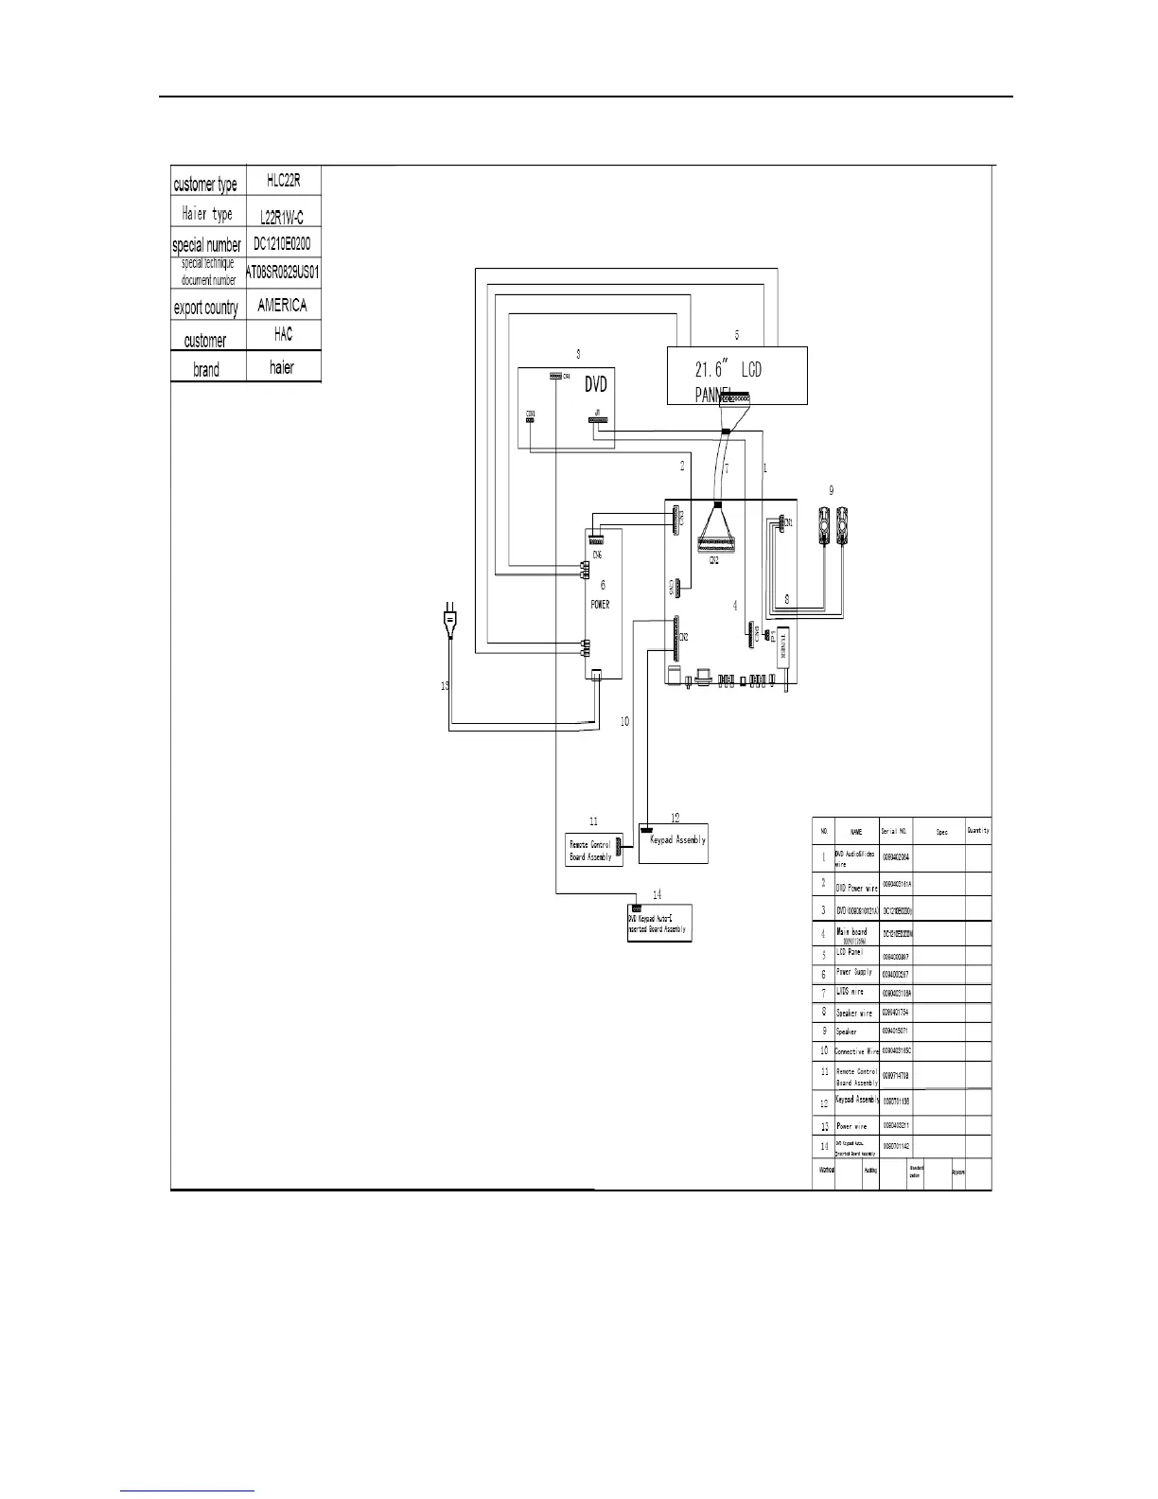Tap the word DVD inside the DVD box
click(x=595, y=384)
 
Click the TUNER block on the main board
click(x=783, y=651)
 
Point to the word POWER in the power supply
click(x=600, y=604)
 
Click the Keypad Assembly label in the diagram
click(x=677, y=840)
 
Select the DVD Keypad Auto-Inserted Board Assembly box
click(x=658, y=924)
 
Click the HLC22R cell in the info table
click(x=284, y=181)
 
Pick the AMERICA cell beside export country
click(x=282, y=306)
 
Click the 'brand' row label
click(x=206, y=369)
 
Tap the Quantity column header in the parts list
click(x=978, y=831)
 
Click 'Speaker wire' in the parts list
click(x=854, y=1013)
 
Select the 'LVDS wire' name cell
click(x=850, y=992)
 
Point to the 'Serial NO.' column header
click(x=894, y=832)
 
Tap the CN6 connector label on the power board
click(x=597, y=555)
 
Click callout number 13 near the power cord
click(x=445, y=686)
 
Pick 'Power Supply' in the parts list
click(x=854, y=973)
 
